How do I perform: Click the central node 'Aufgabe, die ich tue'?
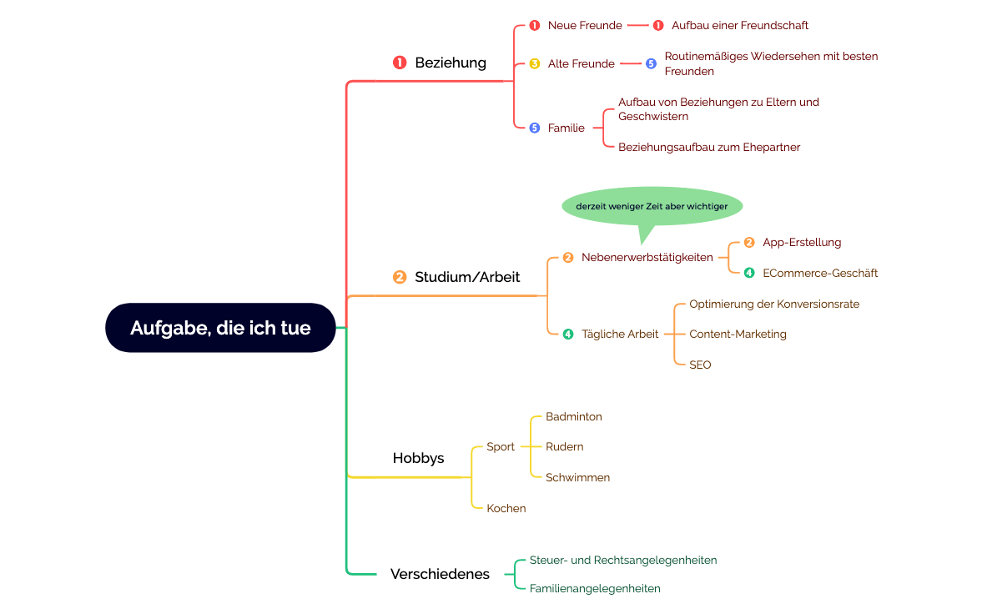click(x=220, y=328)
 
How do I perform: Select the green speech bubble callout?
click(x=652, y=207)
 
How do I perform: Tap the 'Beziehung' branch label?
click(x=451, y=63)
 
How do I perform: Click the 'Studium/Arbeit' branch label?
click(x=467, y=277)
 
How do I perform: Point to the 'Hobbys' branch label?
click(x=418, y=458)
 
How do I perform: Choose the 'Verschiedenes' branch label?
click(x=440, y=574)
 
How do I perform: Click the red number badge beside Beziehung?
click(x=400, y=63)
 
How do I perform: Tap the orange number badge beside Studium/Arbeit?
click(x=400, y=277)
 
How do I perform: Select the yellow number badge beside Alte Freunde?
click(x=535, y=63)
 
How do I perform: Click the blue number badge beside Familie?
click(x=535, y=128)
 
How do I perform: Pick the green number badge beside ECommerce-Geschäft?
click(x=749, y=273)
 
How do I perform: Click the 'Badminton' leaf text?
click(x=574, y=416)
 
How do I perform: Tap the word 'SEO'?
click(x=700, y=365)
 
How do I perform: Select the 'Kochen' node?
click(x=506, y=508)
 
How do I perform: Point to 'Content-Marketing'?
click(x=738, y=334)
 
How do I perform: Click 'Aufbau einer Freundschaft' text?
click(x=740, y=25)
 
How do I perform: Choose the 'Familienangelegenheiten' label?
click(x=595, y=588)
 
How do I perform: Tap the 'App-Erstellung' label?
click(x=802, y=242)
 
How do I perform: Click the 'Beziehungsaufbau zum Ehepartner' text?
click(x=709, y=147)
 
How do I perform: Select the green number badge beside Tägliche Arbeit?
click(x=568, y=334)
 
